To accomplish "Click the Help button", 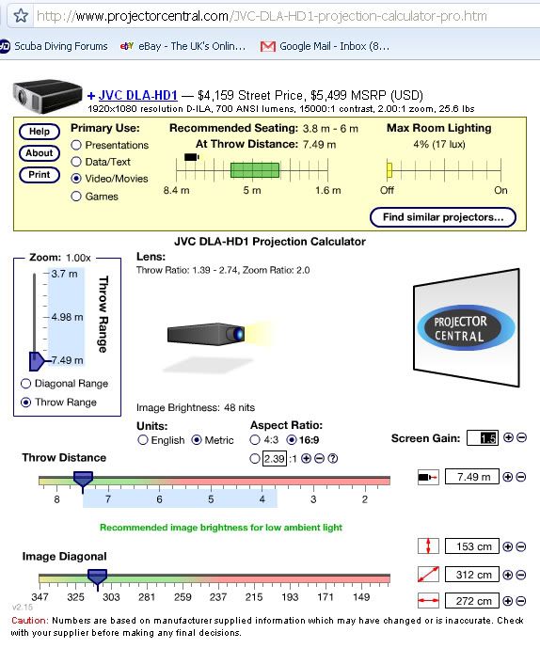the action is [40, 132].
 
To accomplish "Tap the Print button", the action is [40, 175].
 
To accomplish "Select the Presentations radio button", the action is [76, 145].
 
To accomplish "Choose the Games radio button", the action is [76, 197].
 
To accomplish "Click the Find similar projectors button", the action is [443, 217].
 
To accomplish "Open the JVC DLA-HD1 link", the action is [137, 96].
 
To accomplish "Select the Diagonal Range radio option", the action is [25, 384].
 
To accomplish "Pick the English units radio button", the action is [143, 440].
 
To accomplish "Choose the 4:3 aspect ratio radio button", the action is [255, 440].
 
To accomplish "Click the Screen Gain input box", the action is [483, 438].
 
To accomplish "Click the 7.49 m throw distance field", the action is [471, 477].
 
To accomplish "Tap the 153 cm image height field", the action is [471, 546].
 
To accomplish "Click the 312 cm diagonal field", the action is [471, 575].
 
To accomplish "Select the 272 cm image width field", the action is [471, 601].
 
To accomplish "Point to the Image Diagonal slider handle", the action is [98, 578].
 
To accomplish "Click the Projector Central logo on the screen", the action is [466, 327].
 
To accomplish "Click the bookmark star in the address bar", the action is [21, 16].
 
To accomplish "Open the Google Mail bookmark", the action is [325, 46].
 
